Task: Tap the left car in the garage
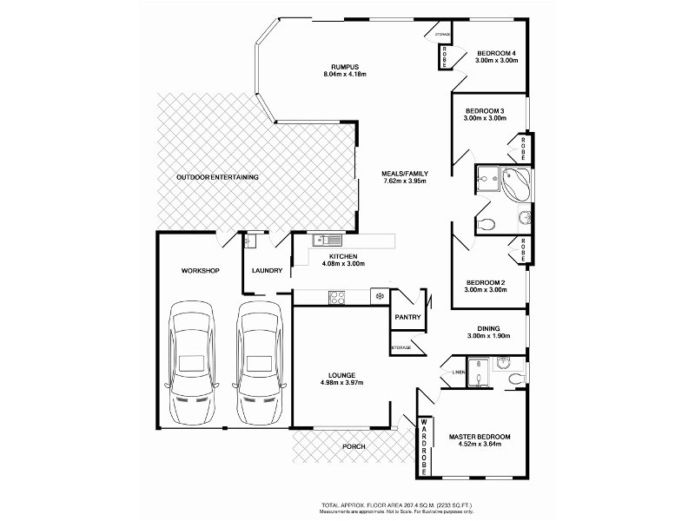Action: (x=192, y=358)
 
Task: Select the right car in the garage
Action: (x=259, y=358)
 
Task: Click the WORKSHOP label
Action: (x=200, y=271)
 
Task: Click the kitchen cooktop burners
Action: (x=337, y=298)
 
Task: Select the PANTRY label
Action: (x=407, y=317)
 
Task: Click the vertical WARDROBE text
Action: (x=425, y=447)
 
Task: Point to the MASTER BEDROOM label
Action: (x=479, y=436)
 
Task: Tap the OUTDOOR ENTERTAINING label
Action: (x=217, y=177)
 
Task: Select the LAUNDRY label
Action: (x=267, y=271)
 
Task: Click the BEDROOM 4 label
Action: (x=496, y=53)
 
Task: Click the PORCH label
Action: (x=354, y=447)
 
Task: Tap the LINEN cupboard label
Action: (x=458, y=373)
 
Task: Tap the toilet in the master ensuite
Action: (x=514, y=375)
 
